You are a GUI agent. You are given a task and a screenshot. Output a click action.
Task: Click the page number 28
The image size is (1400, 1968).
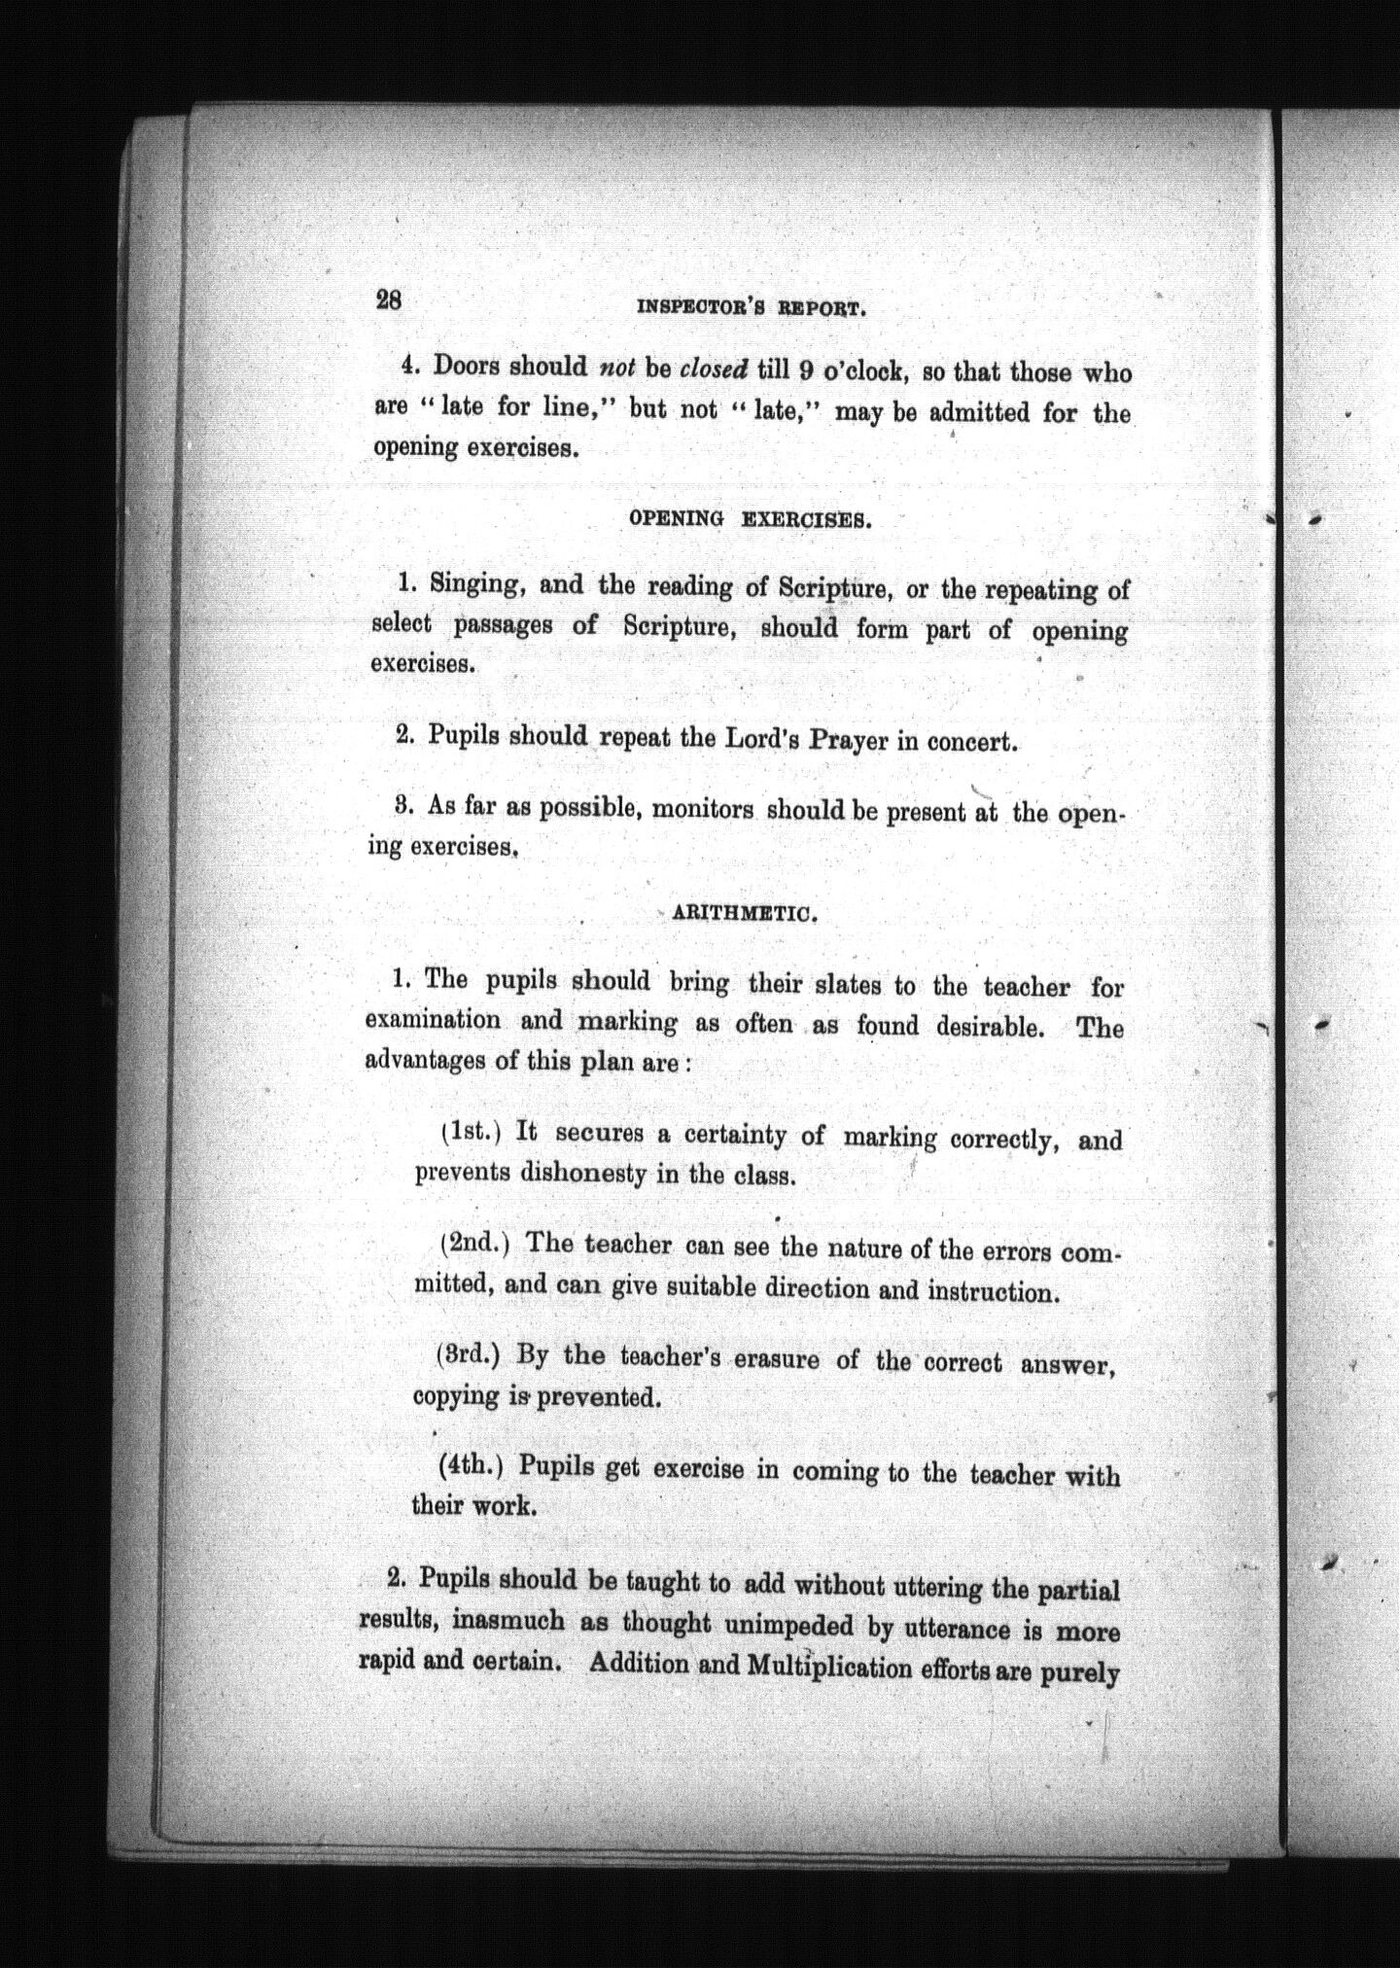[x=389, y=299]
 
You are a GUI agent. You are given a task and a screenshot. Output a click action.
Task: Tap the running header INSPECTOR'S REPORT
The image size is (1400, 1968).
[x=751, y=309]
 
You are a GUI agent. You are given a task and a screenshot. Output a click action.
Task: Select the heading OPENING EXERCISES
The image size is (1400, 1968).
[x=751, y=518]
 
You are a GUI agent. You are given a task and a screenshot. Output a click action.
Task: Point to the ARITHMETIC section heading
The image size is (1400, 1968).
[x=744, y=914]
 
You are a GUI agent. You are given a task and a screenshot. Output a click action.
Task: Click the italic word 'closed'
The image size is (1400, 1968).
[x=714, y=369]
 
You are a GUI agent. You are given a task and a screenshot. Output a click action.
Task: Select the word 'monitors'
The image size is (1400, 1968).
[x=702, y=809]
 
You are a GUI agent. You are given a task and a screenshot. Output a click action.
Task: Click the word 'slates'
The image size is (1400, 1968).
[x=842, y=985]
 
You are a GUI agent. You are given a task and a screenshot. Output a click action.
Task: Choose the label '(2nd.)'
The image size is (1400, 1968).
[x=475, y=1243]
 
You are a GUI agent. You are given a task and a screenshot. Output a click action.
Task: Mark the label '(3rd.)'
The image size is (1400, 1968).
[x=473, y=1354]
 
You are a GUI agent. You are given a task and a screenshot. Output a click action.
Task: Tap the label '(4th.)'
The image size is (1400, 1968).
[x=473, y=1466]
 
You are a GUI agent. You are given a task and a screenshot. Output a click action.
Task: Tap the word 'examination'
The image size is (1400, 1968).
[x=434, y=1021]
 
